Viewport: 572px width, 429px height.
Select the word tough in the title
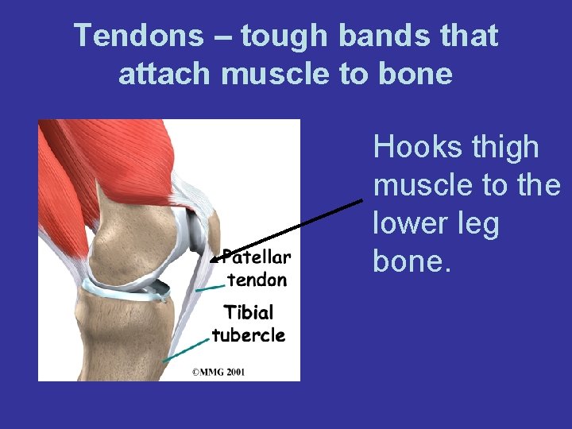pos(284,36)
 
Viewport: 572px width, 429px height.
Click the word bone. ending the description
pos(412,261)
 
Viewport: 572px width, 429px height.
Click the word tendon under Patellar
pos(257,279)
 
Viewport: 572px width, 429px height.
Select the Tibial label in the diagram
pos(248,312)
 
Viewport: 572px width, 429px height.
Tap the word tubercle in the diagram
pos(248,334)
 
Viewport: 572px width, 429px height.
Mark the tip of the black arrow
pos(211,260)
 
